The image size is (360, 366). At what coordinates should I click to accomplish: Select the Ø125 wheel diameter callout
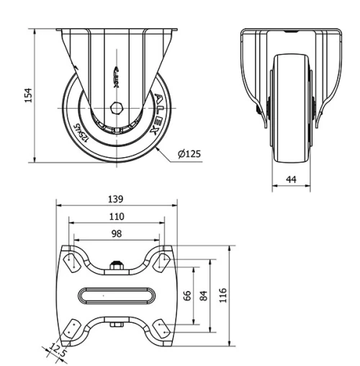click(189, 153)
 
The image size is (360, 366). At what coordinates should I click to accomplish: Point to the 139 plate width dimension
click(117, 198)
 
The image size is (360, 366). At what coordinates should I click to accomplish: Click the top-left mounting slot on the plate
click(72, 261)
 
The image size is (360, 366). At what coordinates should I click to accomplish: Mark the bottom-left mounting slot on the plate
click(72, 329)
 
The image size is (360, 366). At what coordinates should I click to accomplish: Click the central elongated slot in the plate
click(117, 295)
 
